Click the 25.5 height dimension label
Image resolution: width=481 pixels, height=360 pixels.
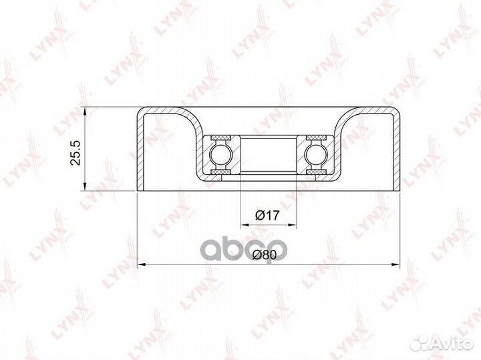click(75, 153)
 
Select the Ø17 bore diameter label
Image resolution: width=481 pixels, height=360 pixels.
click(267, 215)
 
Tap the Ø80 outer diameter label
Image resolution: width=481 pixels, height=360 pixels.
click(265, 254)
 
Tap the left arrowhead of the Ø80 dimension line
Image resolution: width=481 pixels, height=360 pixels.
click(140, 264)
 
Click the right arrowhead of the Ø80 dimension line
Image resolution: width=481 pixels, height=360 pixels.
click(396, 264)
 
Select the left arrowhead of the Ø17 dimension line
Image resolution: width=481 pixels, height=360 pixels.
click(245, 225)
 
